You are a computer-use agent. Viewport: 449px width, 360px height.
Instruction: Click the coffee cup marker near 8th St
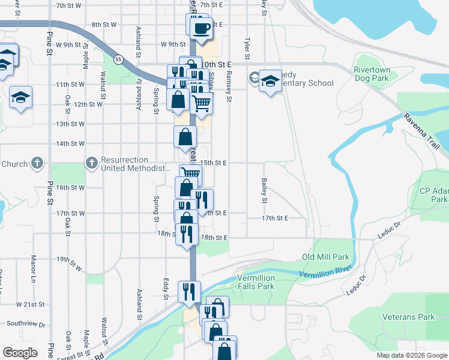click(202, 28)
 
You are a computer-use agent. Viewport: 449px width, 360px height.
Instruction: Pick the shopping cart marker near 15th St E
click(191, 175)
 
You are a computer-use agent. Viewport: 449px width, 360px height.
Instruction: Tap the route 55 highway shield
click(118, 59)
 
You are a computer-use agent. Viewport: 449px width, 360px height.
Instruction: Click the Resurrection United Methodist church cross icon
click(91, 162)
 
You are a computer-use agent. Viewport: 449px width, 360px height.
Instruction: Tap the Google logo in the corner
click(20, 353)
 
